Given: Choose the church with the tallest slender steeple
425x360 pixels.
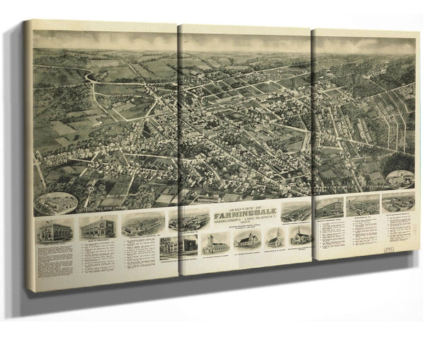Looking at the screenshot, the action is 276,239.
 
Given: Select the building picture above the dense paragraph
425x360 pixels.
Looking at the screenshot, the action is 55,232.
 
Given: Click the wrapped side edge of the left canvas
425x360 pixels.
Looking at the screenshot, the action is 28,156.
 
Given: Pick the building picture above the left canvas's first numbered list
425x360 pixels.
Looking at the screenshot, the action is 98,227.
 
